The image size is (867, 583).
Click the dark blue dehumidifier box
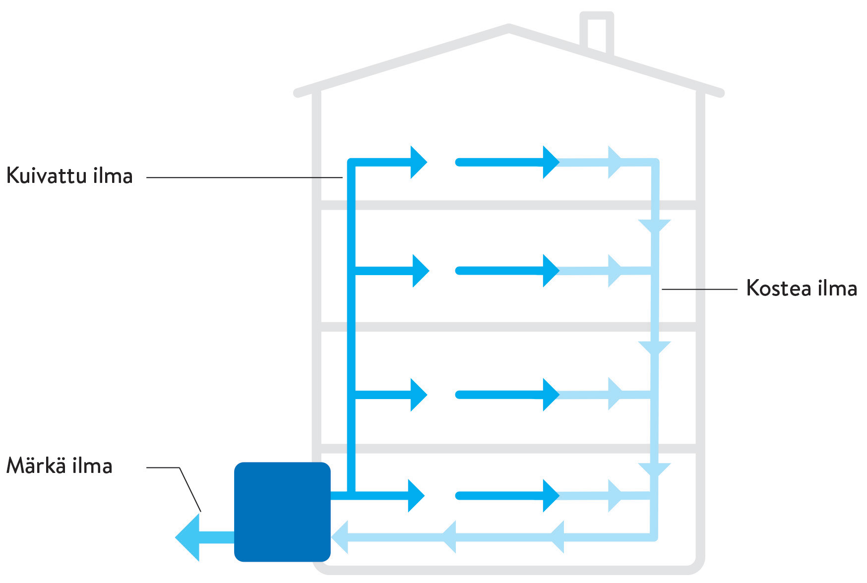282,512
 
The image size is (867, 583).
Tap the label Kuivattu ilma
69,176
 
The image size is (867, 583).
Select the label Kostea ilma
801,289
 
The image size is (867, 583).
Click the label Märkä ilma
59,466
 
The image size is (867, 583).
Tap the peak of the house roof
509,28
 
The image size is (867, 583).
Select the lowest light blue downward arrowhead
654,469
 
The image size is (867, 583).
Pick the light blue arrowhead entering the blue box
341,537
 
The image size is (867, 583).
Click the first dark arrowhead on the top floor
418,162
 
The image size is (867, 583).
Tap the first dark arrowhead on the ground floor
415,495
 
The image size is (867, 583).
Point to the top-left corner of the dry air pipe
352,163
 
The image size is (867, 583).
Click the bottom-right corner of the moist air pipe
654,536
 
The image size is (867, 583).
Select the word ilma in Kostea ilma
837,289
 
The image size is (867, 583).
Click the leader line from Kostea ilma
699,289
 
